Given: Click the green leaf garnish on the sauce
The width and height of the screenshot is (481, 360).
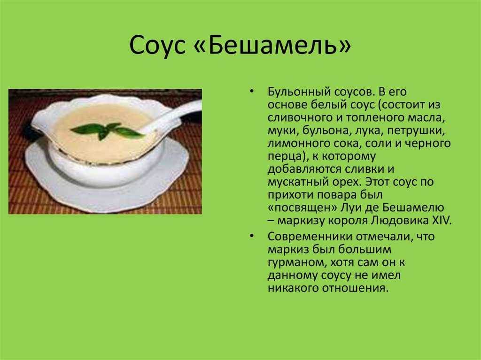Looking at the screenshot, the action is coord(107,130).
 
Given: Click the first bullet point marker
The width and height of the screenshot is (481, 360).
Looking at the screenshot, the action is coord(252,92).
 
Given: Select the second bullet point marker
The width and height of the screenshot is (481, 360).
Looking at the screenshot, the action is coord(252,236).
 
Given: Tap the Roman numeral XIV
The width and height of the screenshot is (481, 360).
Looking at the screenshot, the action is coord(442,220).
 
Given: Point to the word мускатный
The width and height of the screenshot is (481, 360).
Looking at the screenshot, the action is coord(298,182).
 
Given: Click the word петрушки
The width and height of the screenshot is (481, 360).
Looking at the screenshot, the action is coord(416,130).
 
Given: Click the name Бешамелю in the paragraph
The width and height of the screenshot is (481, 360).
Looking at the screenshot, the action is coord(413,207).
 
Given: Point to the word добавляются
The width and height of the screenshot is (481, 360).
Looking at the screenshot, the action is coord(304,169).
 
